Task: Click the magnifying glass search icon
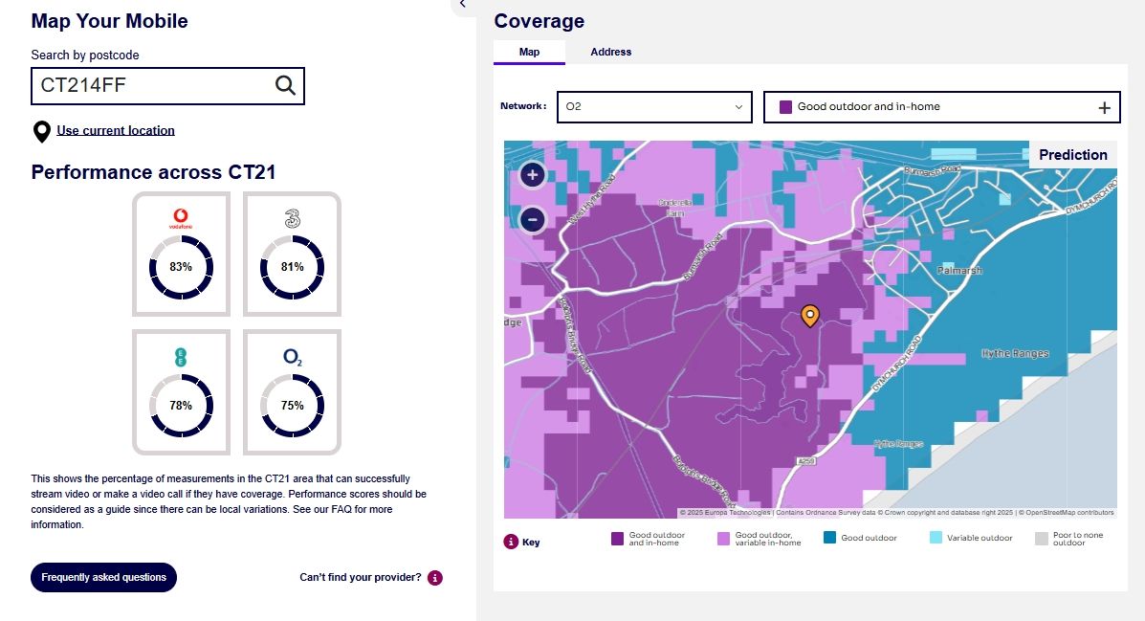tap(285, 85)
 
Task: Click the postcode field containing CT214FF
tap(153, 85)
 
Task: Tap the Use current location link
tap(116, 130)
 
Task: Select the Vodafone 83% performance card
tap(181, 254)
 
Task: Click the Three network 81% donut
tap(293, 267)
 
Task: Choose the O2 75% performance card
tap(292, 391)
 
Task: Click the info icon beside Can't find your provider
tap(435, 578)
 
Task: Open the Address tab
tap(611, 52)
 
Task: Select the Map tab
tap(529, 52)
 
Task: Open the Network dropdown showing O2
tap(654, 107)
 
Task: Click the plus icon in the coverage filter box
tap(1104, 108)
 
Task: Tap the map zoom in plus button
tap(533, 175)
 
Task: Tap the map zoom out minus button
tap(533, 220)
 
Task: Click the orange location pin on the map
tap(810, 316)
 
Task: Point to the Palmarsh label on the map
tap(959, 271)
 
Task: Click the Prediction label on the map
tap(1072, 155)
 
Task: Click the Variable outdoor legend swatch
tap(936, 538)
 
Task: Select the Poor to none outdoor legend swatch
tap(1042, 539)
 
